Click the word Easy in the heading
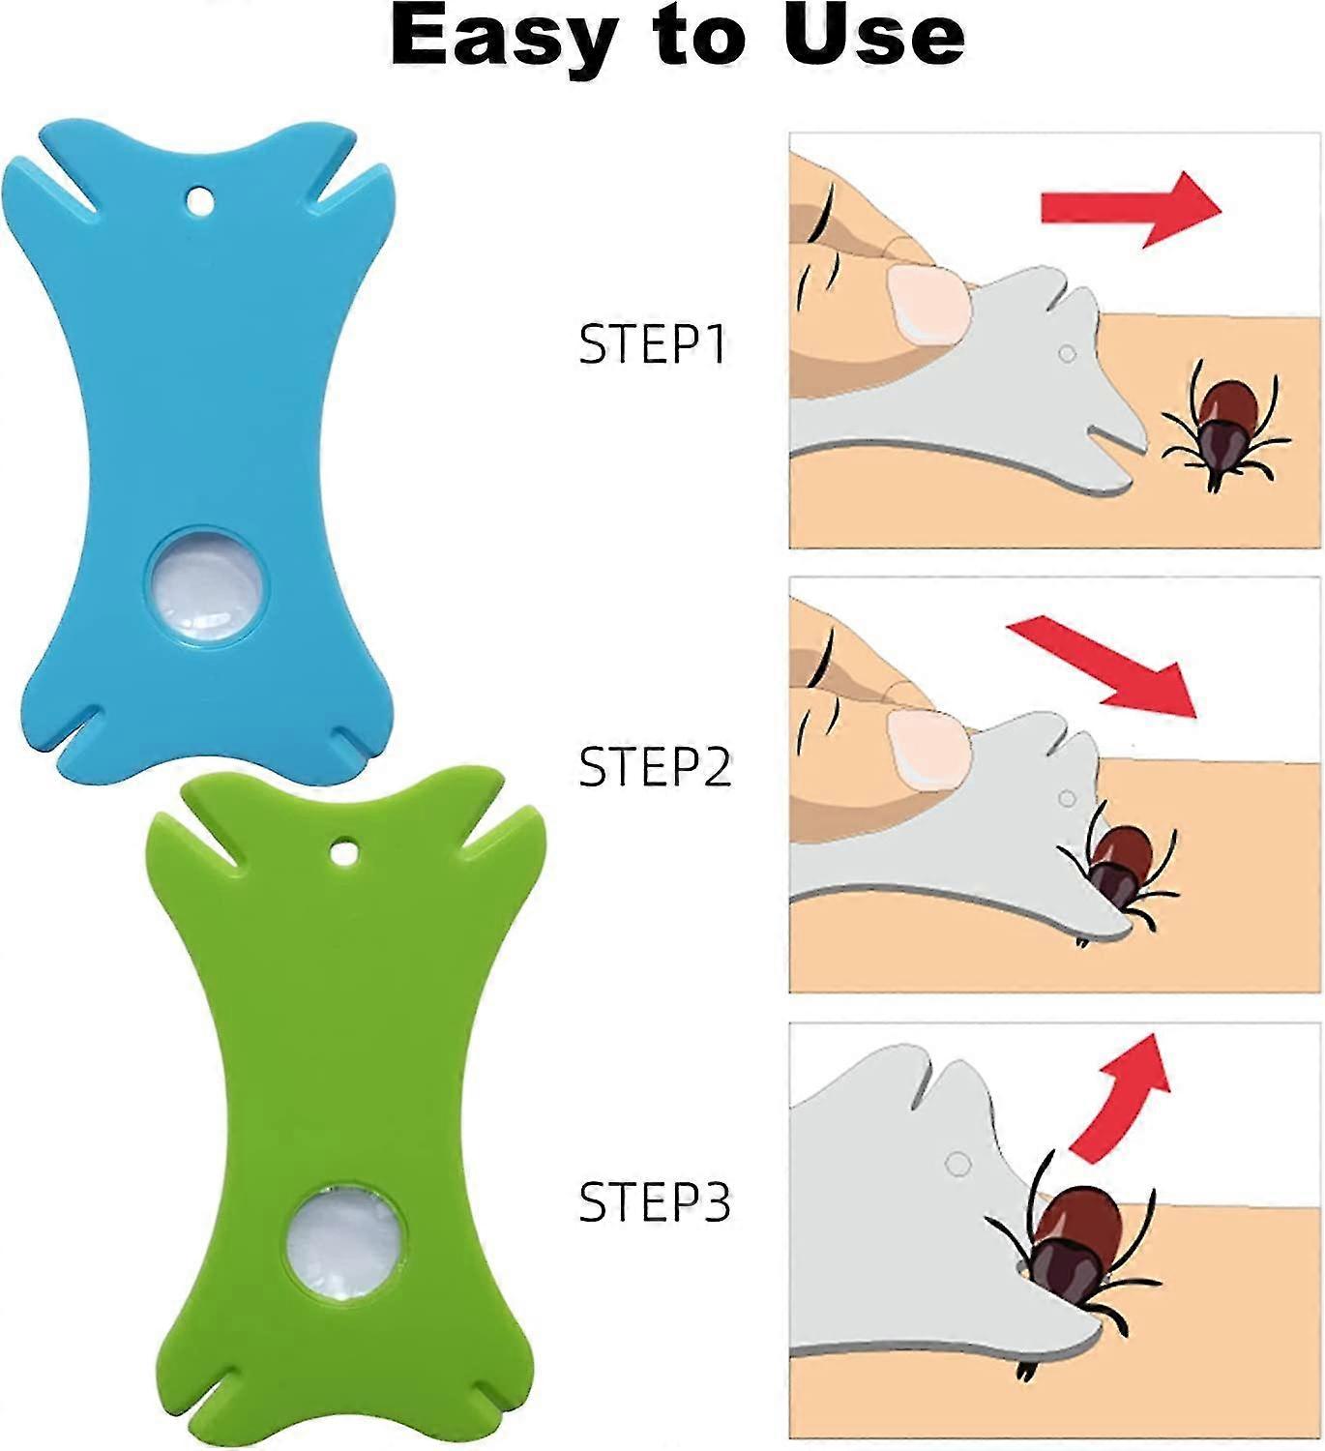pyautogui.click(x=503, y=37)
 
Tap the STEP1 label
pyautogui.click(x=653, y=343)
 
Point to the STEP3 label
pyautogui.click(x=655, y=1201)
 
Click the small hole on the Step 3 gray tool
pyautogui.click(x=957, y=1163)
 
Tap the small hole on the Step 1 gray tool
pyautogui.click(x=1067, y=354)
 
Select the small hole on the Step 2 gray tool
pyautogui.click(x=1067, y=799)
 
